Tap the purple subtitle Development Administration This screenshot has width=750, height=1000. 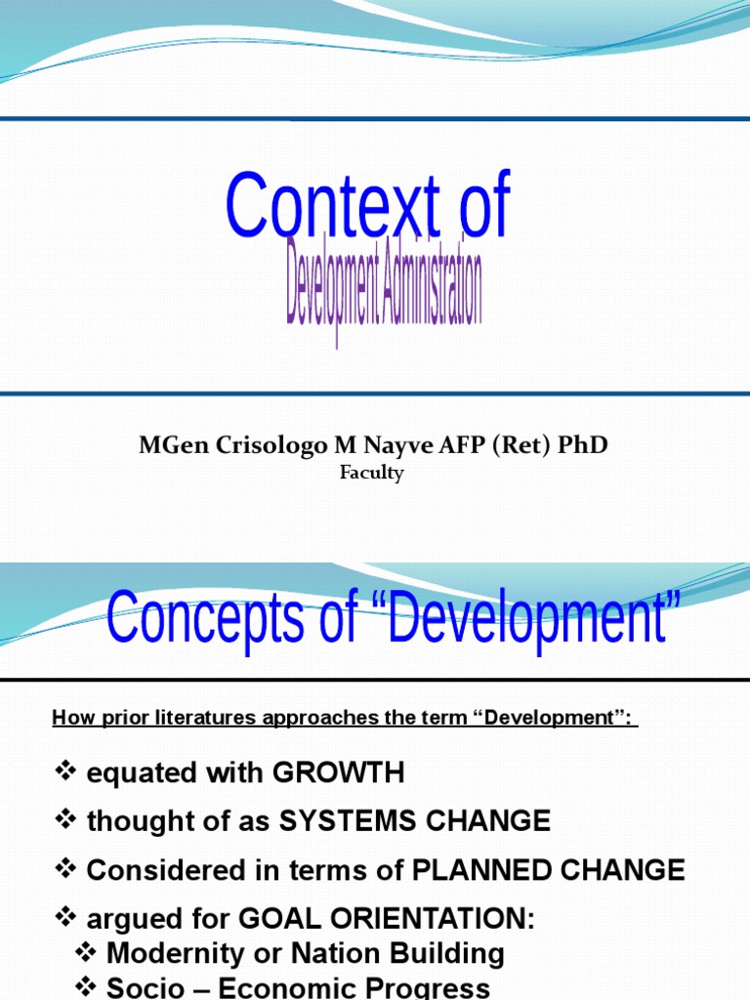coord(384,289)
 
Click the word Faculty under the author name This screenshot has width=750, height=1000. coord(371,474)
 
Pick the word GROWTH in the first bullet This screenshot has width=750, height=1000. coord(338,773)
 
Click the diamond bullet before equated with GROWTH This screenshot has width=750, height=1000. coord(65,773)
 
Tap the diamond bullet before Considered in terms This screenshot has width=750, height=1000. coord(65,869)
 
